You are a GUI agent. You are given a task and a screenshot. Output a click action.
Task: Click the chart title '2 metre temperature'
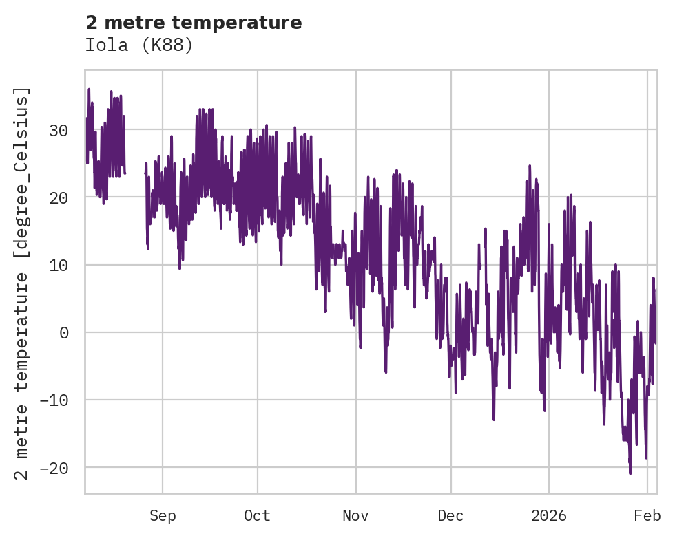194,23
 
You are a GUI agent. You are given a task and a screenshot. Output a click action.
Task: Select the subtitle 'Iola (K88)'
139,45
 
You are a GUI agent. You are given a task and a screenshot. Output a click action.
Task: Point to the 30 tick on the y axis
61,130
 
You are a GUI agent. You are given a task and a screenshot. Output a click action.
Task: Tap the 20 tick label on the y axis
61,197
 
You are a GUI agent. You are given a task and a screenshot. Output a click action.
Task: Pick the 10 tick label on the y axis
61,265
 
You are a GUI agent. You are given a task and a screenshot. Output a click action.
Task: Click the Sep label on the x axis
163,516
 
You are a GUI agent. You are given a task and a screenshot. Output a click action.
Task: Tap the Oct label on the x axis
257,516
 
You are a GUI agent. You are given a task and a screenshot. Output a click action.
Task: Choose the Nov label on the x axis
356,516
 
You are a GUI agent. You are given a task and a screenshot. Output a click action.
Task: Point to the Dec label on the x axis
450,516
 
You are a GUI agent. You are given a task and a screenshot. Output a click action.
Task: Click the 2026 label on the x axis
549,516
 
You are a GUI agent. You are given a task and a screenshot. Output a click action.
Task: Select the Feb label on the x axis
647,516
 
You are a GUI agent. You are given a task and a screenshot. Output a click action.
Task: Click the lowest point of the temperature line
630,473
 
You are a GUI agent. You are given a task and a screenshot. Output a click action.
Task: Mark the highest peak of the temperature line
89,89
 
